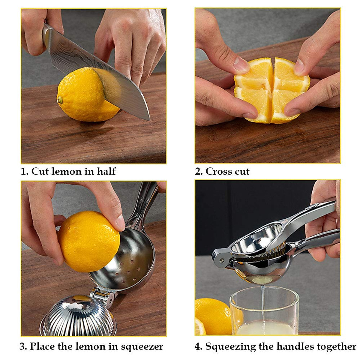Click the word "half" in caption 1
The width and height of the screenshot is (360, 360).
pos(106,171)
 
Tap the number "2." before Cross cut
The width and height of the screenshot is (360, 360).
pos(199,171)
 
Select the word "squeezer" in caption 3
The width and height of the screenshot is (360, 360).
pos(142,346)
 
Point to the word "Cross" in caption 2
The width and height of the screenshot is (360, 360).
pos(217,171)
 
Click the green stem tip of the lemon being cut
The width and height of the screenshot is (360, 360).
pos(60,100)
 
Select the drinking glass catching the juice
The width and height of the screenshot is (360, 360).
pos(264,312)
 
